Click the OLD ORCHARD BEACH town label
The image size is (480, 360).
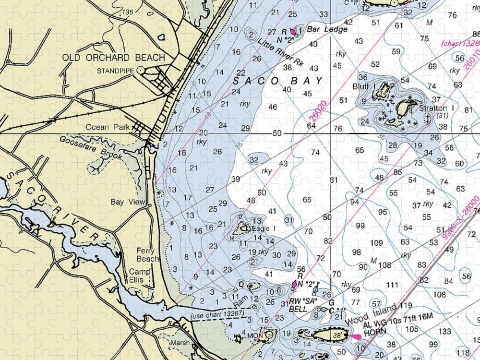(x=113, y=58)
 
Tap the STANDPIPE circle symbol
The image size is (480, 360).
(x=141, y=70)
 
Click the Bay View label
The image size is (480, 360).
(x=128, y=202)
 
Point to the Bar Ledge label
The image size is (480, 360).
(x=327, y=30)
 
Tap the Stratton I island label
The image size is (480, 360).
(x=432, y=108)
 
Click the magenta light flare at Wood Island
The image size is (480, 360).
(x=356, y=336)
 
